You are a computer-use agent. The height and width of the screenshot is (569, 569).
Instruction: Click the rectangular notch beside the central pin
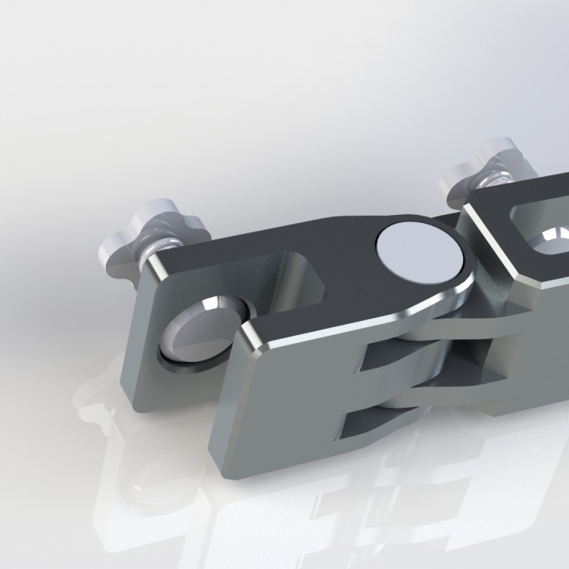tap(304, 281)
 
